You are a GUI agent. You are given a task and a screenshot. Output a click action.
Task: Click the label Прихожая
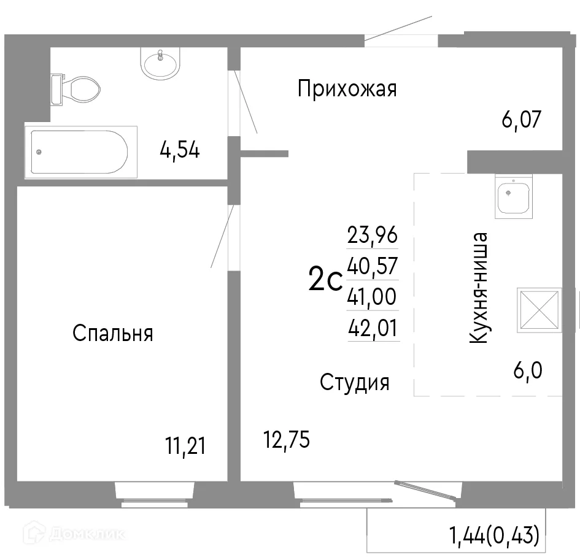[347, 90]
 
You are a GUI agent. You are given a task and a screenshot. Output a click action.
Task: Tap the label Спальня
[112, 334]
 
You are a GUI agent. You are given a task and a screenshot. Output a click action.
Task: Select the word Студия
[355, 383]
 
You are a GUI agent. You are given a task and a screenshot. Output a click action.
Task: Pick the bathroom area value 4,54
[179, 150]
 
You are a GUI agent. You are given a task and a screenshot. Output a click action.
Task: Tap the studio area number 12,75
[286, 439]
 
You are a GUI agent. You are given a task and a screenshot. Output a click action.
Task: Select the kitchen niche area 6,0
[528, 370]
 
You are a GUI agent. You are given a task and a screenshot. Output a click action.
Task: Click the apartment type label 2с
[325, 282]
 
